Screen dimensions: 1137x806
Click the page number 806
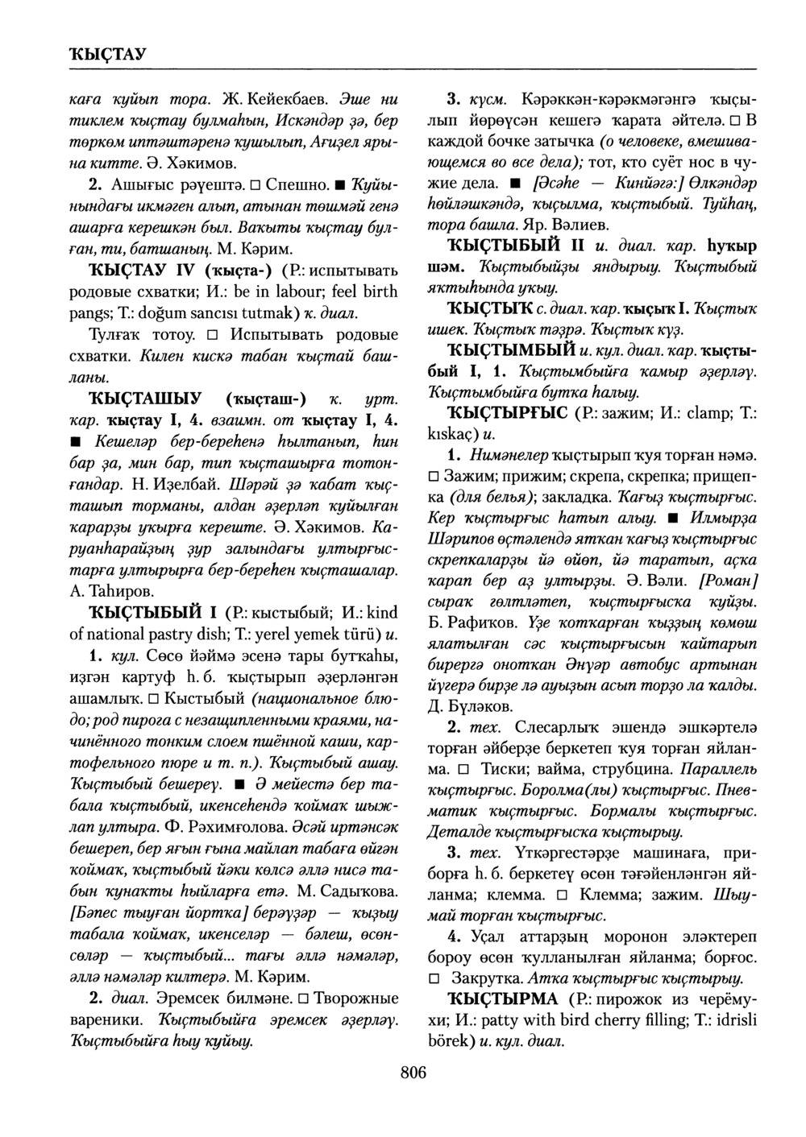[412, 1073]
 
